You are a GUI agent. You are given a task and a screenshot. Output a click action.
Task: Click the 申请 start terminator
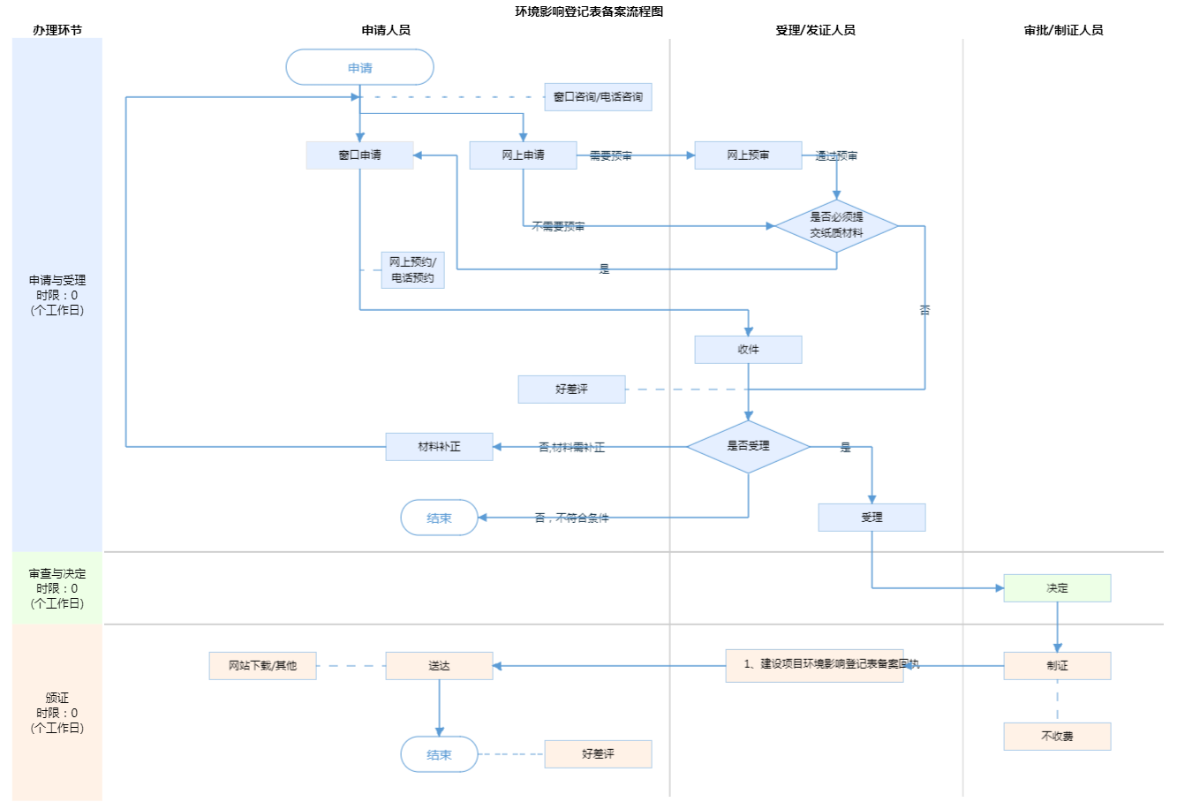(x=359, y=67)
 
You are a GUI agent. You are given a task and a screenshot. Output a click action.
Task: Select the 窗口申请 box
(x=359, y=155)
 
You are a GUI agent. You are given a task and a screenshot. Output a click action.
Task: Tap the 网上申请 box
(x=523, y=155)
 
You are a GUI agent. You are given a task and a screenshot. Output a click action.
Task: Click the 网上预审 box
(x=748, y=155)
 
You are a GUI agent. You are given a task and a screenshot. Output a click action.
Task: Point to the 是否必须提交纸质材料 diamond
(x=836, y=225)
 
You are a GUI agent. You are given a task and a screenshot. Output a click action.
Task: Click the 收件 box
(x=748, y=349)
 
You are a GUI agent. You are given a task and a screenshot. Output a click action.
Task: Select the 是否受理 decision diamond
(x=748, y=446)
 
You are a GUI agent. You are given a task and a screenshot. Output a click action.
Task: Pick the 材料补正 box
(x=439, y=447)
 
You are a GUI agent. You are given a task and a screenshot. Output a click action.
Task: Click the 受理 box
(x=871, y=518)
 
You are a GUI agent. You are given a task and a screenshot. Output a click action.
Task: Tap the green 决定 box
(x=1057, y=588)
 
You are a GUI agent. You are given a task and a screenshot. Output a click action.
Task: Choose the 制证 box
(x=1057, y=666)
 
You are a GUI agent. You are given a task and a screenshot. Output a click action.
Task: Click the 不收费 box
(x=1057, y=736)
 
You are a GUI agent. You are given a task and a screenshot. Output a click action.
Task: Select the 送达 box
(x=439, y=666)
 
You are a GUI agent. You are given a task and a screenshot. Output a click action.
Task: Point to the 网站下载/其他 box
(x=262, y=666)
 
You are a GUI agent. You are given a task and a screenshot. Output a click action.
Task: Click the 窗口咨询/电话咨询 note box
(x=598, y=97)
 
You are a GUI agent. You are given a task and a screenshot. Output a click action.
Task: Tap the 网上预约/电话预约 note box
(x=412, y=269)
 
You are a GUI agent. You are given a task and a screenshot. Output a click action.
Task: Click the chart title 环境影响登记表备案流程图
(x=589, y=11)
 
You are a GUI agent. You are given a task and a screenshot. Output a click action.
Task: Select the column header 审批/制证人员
(x=1063, y=30)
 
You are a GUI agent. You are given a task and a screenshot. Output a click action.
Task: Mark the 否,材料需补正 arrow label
(x=571, y=448)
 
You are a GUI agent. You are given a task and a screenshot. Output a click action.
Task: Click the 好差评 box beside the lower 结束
(x=598, y=754)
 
